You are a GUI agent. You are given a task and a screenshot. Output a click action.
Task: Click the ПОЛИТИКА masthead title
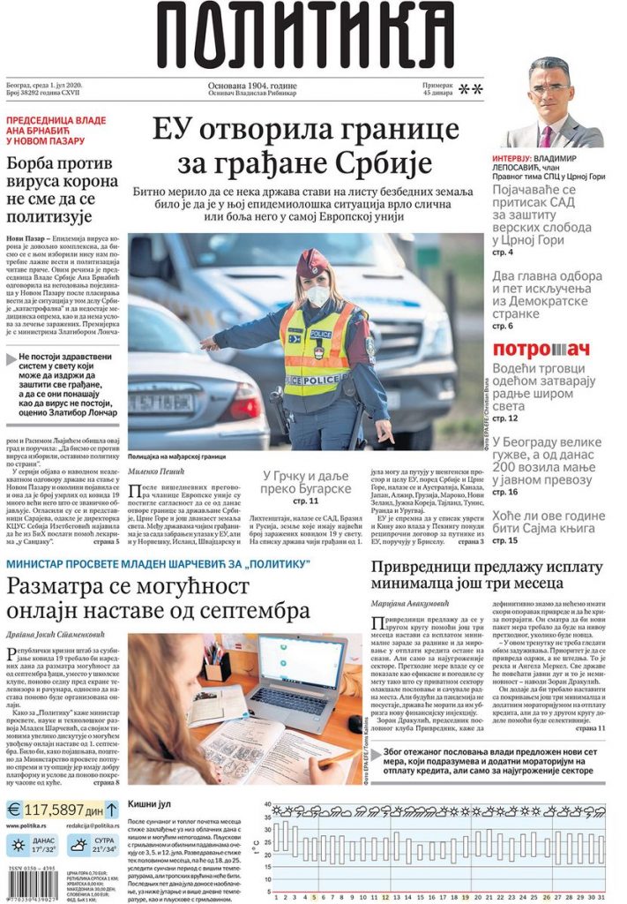(x=306, y=37)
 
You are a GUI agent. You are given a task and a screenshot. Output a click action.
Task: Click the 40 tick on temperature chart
(x=267, y=804)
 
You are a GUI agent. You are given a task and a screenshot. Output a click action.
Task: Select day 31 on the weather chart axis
(x=601, y=897)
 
